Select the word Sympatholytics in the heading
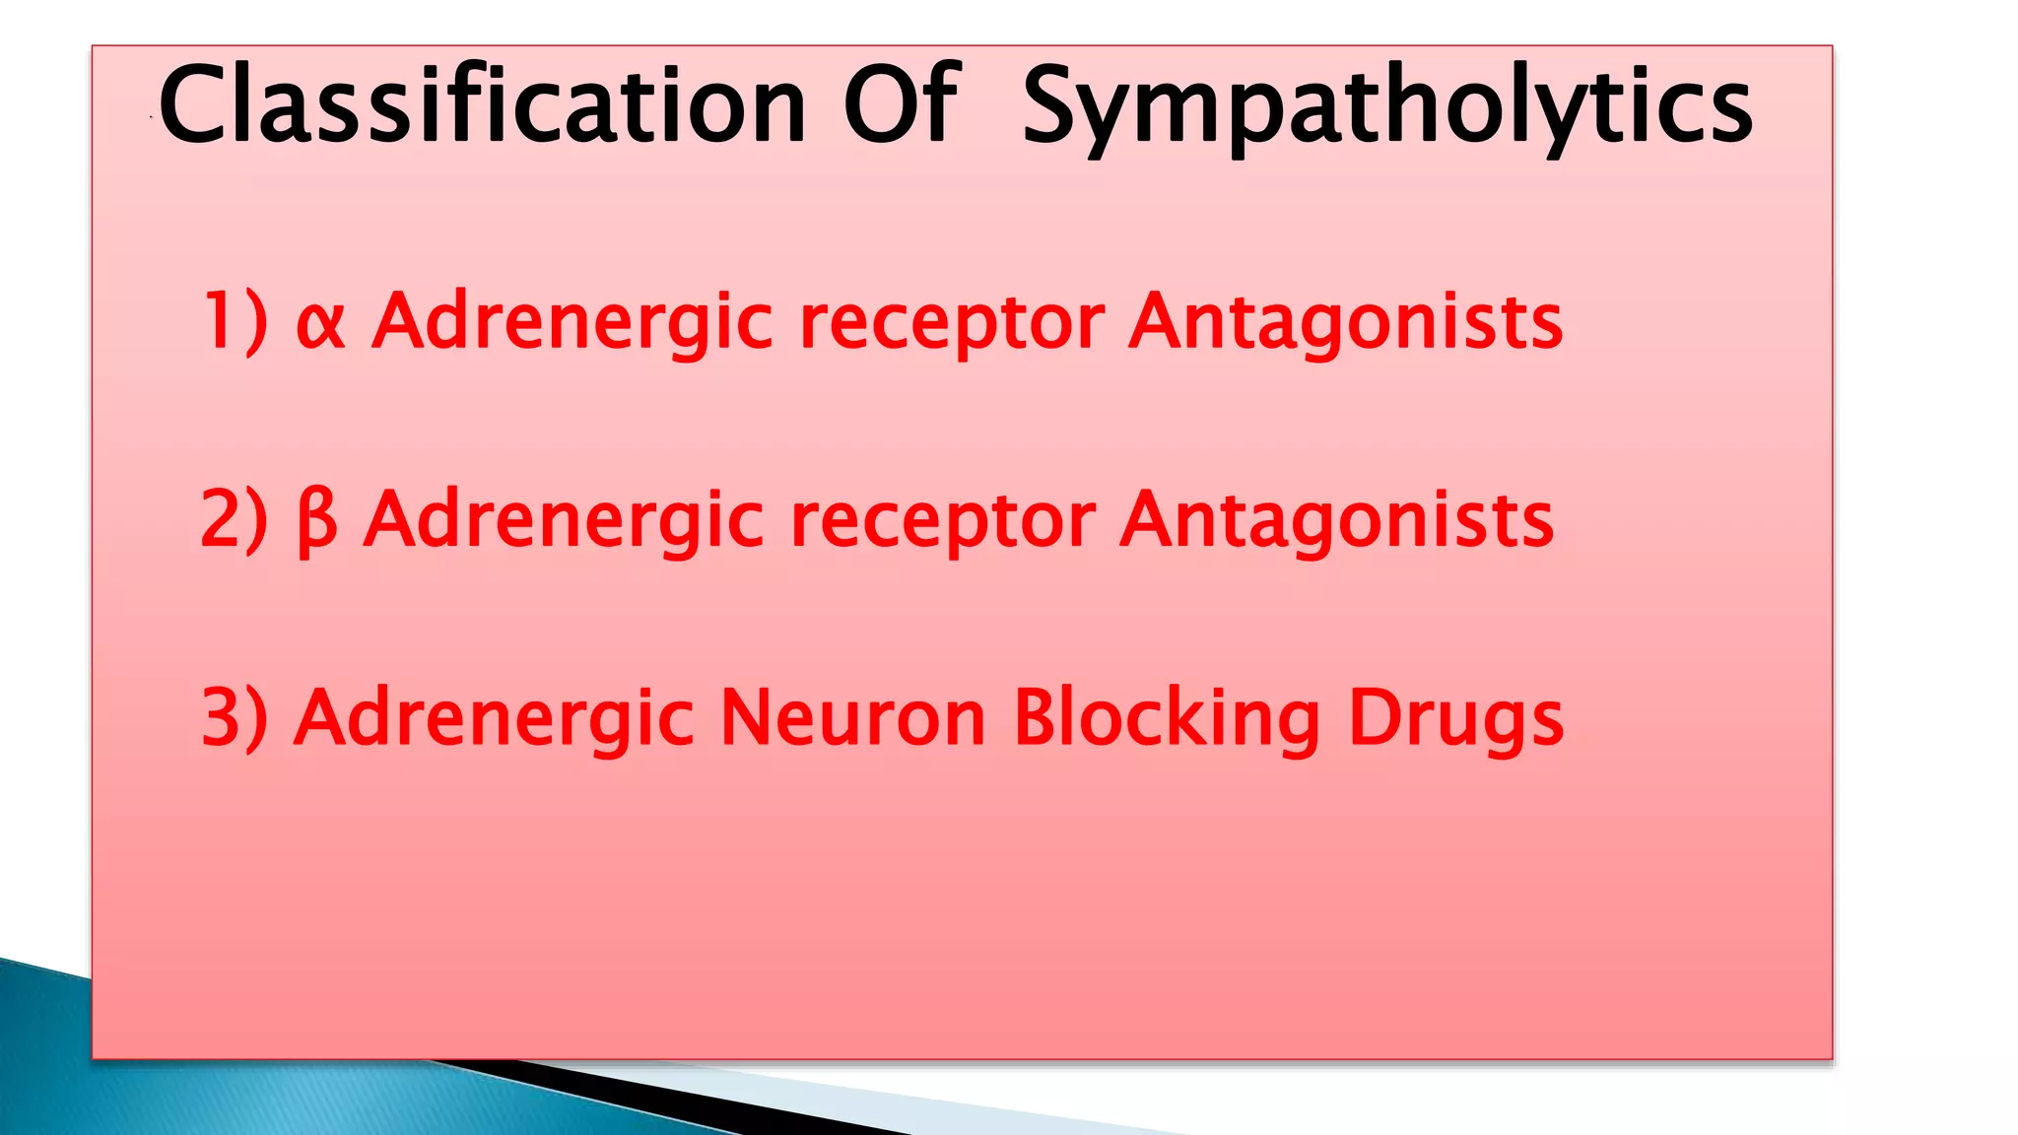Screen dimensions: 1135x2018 coord(1387,106)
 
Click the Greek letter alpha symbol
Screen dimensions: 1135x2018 coord(321,322)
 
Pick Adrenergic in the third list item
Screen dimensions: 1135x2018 coord(494,720)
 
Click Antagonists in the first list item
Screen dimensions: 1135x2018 coord(1346,324)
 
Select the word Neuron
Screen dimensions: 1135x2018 coord(852,718)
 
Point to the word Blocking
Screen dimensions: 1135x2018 coord(1167,718)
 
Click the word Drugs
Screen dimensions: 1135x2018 coord(1455,720)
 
